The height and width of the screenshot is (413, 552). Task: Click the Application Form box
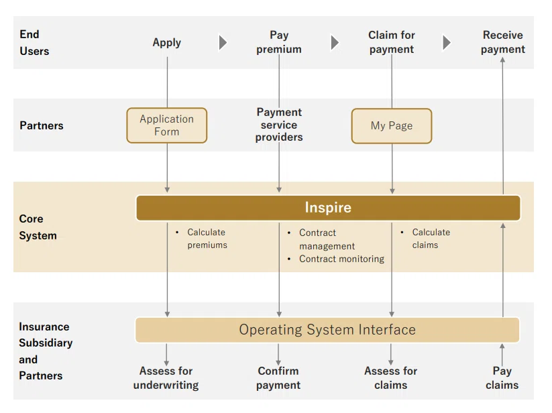(x=167, y=125)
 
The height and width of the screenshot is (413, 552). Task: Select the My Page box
(x=392, y=126)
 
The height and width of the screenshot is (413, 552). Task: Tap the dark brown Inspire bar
(x=328, y=208)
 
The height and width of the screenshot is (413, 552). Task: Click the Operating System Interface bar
(x=327, y=330)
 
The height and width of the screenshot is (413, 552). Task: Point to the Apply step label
(x=167, y=43)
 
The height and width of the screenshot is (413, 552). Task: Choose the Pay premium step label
(x=279, y=42)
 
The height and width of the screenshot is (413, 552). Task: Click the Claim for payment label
(x=392, y=42)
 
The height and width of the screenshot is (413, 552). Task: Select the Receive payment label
(x=503, y=42)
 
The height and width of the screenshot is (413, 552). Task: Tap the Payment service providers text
(x=279, y=125)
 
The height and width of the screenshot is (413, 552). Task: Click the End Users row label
(x=34, y=42)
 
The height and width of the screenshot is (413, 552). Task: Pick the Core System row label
(x=38, y=227)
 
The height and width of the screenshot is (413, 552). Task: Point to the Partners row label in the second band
(x=42, y=125)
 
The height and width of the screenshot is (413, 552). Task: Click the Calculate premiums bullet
(x=207, y=239)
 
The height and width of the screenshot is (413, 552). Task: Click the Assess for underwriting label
(x=166, y=378)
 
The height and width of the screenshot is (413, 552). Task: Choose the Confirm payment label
(x=278, y=378)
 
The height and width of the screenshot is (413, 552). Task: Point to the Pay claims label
(x=502, y=378)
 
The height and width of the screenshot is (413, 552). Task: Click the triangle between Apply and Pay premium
(x=223, y=42)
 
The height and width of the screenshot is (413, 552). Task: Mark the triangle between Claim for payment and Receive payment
(x=447, y=42)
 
